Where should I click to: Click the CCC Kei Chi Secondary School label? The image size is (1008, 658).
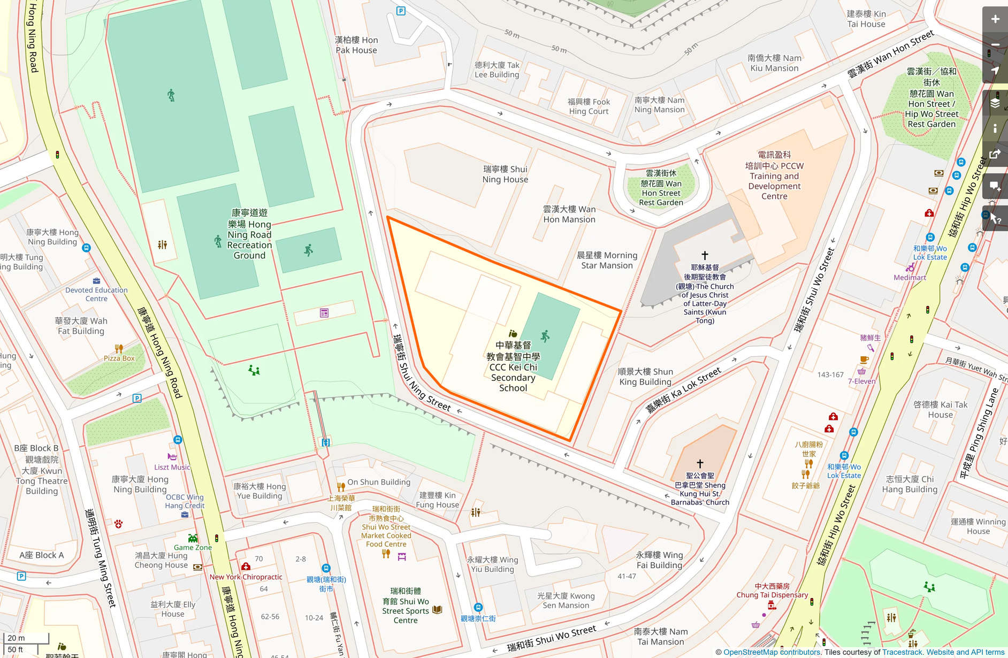click(x=513, y=367)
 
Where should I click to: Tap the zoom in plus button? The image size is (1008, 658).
click(x=995, y=19)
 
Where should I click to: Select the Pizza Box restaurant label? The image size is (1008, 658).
click(x=119, y=358)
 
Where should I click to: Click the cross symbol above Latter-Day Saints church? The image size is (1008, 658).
click(x=705, y=255)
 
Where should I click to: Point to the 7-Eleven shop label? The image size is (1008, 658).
click(x=861, y=381)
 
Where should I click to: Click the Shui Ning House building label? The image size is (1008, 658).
click(x=505, y=174)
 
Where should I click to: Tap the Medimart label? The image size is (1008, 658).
click(x=909, y=278)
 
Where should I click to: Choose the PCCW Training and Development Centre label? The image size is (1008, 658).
click(x=774, y=175)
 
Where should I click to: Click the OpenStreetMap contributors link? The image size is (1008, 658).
click(x=772, y=652)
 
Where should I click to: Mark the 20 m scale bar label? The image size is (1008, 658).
click(x=16, y=638)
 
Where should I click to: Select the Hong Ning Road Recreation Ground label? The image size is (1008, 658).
click(x=249, y=234)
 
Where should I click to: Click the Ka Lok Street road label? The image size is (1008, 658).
click(x=683, y=391)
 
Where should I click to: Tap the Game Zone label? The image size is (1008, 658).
click(x=193, y=547)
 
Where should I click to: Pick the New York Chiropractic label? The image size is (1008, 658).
click(x=246, y=577)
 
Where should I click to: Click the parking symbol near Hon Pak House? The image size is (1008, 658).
click(x=401, y=11)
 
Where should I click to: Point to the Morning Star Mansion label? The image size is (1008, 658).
click(x=607, y=261)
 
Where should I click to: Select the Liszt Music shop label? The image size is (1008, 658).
click(x=172, y=467)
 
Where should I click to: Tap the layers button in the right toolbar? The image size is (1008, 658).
click(x=995, y=103)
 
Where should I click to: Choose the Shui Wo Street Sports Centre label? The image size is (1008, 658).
click(x=406, y=606)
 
